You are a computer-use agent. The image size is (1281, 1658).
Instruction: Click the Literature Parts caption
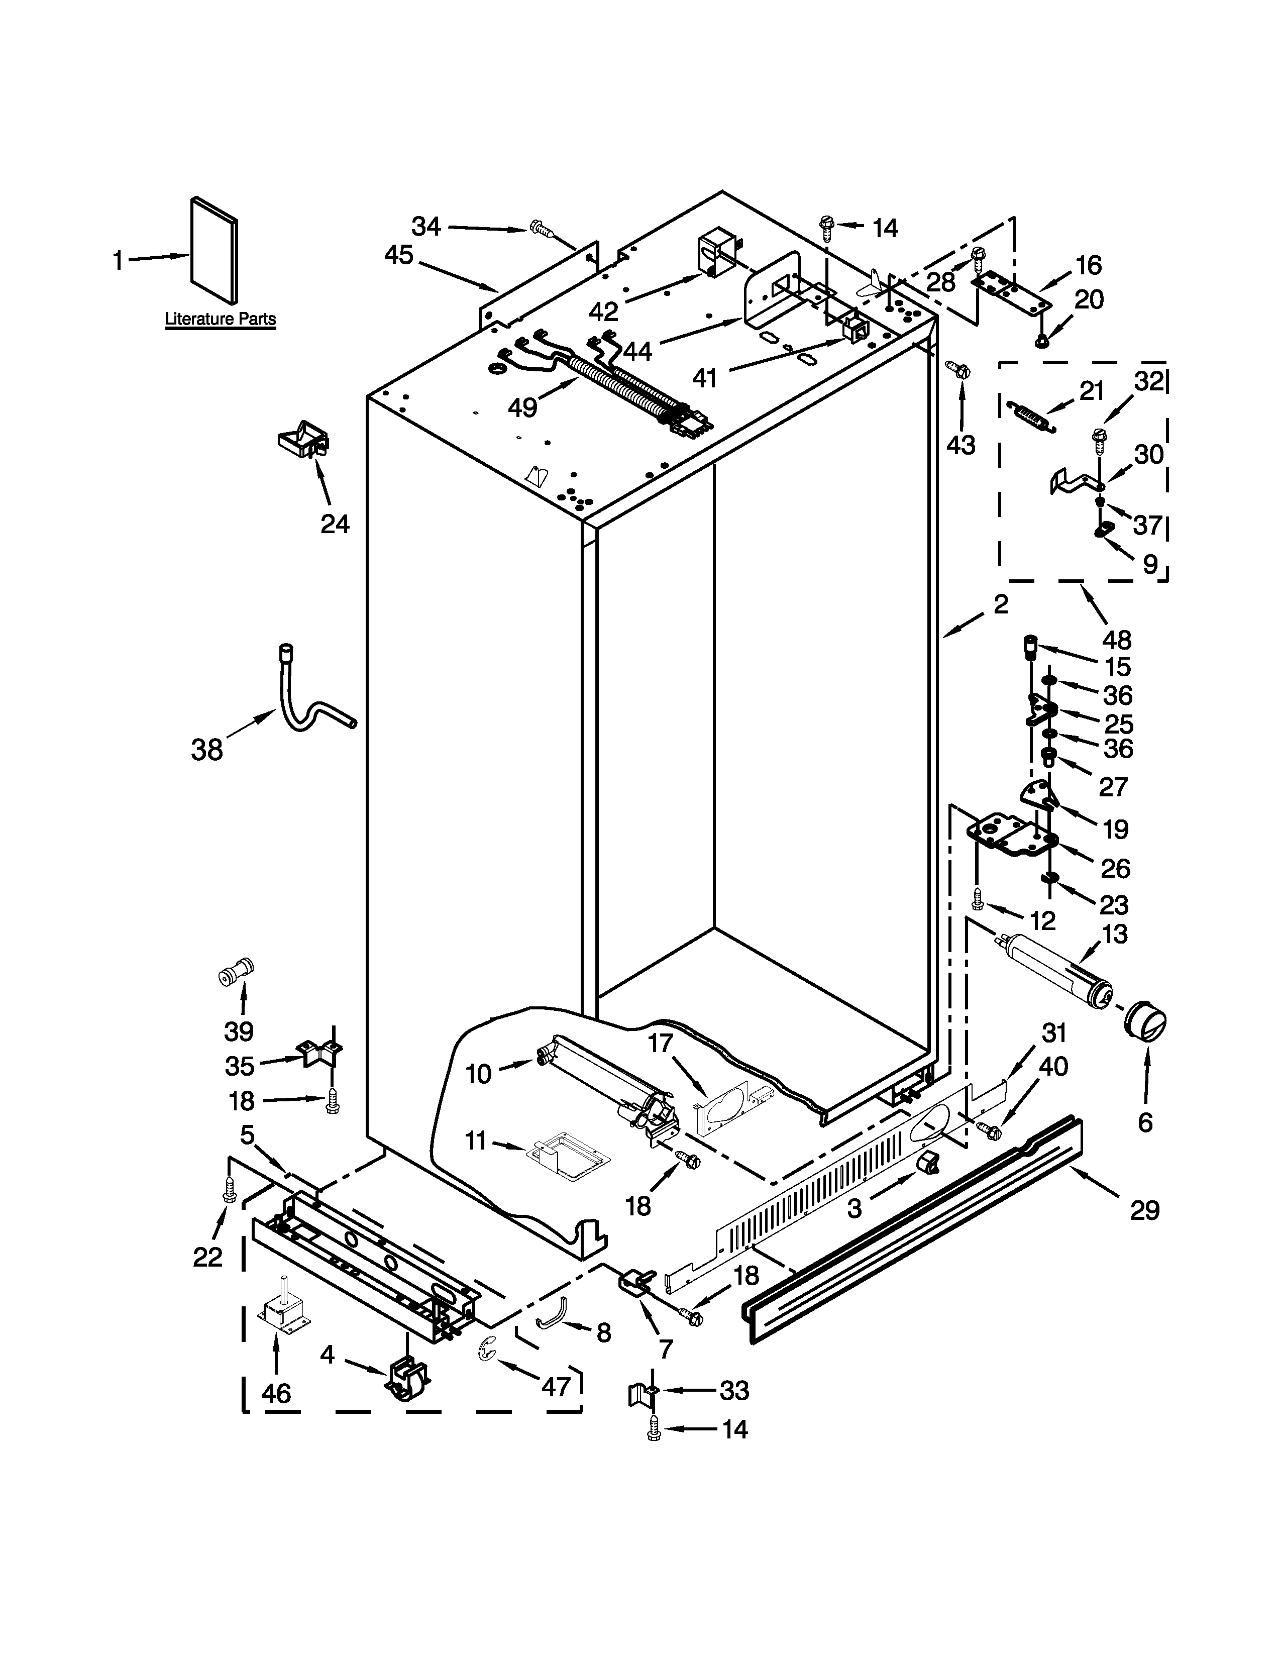(220, 319)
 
